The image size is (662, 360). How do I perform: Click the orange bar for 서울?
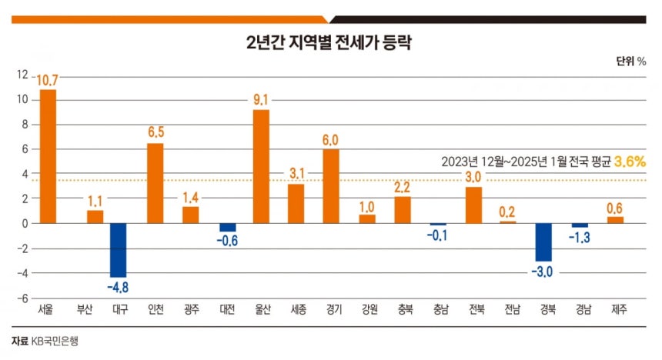click(x=48, y=156)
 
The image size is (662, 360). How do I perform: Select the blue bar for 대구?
click(x=119, y=250)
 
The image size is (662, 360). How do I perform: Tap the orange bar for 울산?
click(x=261, y=166)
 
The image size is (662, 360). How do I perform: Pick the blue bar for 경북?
click(x=544, y=242)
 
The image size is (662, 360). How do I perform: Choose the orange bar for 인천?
click(x=155, y=183)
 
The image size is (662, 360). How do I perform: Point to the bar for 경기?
click(x=331, y=186)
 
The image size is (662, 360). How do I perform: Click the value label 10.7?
click(x=47, y=78)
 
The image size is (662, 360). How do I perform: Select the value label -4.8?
click(x=119, y=286)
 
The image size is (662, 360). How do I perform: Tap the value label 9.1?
click(x=261, y=99)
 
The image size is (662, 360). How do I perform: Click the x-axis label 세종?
click(x=296, y=311)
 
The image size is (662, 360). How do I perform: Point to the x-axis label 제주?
click(x=614, y=311)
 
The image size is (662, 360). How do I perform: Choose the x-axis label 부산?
click(x=84, y=311)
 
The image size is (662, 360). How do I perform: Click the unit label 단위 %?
click(x=630, y=61)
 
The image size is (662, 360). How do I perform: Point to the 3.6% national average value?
click(x=629, y=162)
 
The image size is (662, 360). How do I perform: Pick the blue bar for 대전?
click(x=228, y=228)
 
